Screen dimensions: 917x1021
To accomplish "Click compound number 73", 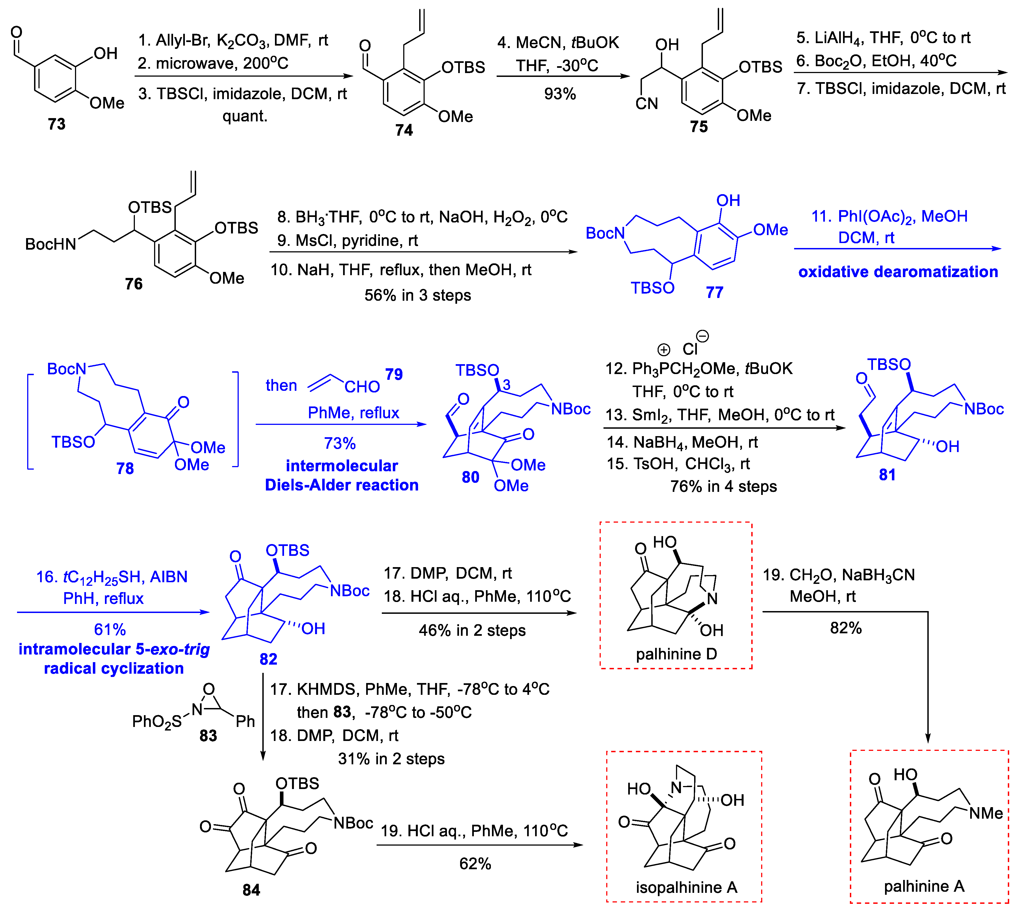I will click(56, 124).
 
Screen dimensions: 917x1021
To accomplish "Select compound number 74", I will click(404, 130).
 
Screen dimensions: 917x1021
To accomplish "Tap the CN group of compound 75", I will click(647, 104).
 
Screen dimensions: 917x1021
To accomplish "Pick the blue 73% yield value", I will click(340, 443).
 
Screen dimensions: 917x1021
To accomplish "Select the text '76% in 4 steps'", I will click(723, 486).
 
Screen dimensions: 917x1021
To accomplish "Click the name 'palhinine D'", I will click(676, 654).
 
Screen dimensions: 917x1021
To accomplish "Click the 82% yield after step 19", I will click(846, 628).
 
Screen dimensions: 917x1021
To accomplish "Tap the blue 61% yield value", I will click(110, 629).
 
